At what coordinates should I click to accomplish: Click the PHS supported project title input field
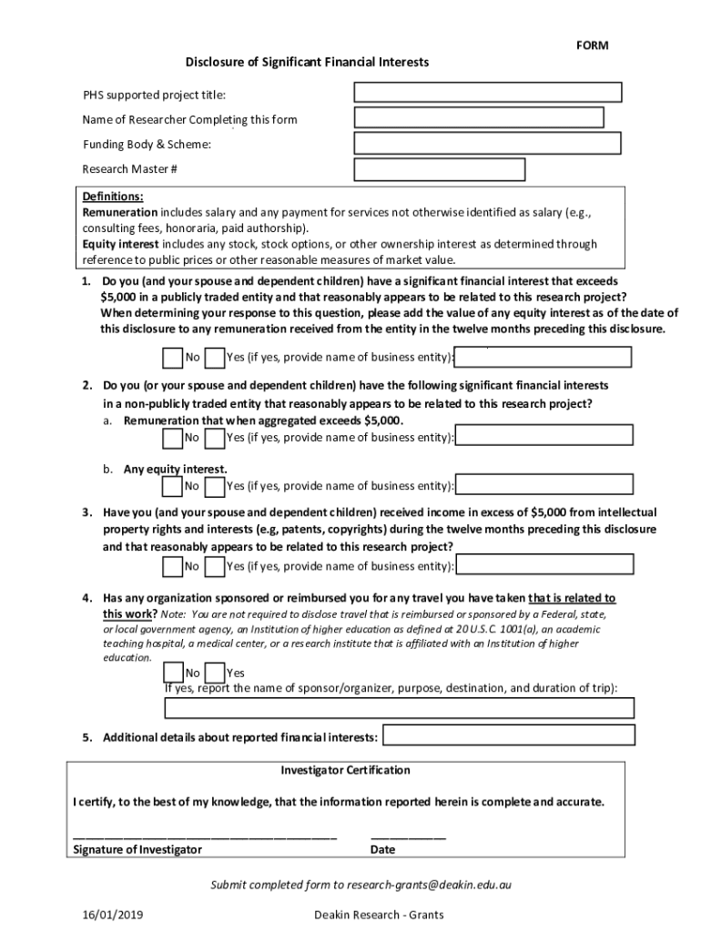click(488, 92)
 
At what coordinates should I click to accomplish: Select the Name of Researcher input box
click(479, 117)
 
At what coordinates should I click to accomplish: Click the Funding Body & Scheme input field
click(487, 143)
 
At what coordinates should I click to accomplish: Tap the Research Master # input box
click(440, 169)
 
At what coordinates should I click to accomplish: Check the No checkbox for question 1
click(173, 357)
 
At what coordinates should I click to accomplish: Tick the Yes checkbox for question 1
click(216, 357)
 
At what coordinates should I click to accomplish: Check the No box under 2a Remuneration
click(173, 438)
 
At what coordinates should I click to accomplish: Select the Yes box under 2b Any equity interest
click(216, 486)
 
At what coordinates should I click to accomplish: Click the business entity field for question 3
click(545, 564)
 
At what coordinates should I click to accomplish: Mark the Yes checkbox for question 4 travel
click(216, 673)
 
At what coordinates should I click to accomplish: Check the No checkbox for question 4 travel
click(173, 673)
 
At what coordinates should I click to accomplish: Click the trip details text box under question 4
click(399, 707)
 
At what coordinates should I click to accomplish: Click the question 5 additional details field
click(508, 735)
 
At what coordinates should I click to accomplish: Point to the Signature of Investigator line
click(205, 836)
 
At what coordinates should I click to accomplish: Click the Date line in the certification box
click(408, 836)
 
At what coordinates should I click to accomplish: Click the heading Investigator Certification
click(346, 770)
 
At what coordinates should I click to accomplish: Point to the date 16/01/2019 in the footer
click(112, 915)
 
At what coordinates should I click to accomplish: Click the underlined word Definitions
click(113, 197)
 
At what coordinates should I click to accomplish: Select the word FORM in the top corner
click(592, 46)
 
